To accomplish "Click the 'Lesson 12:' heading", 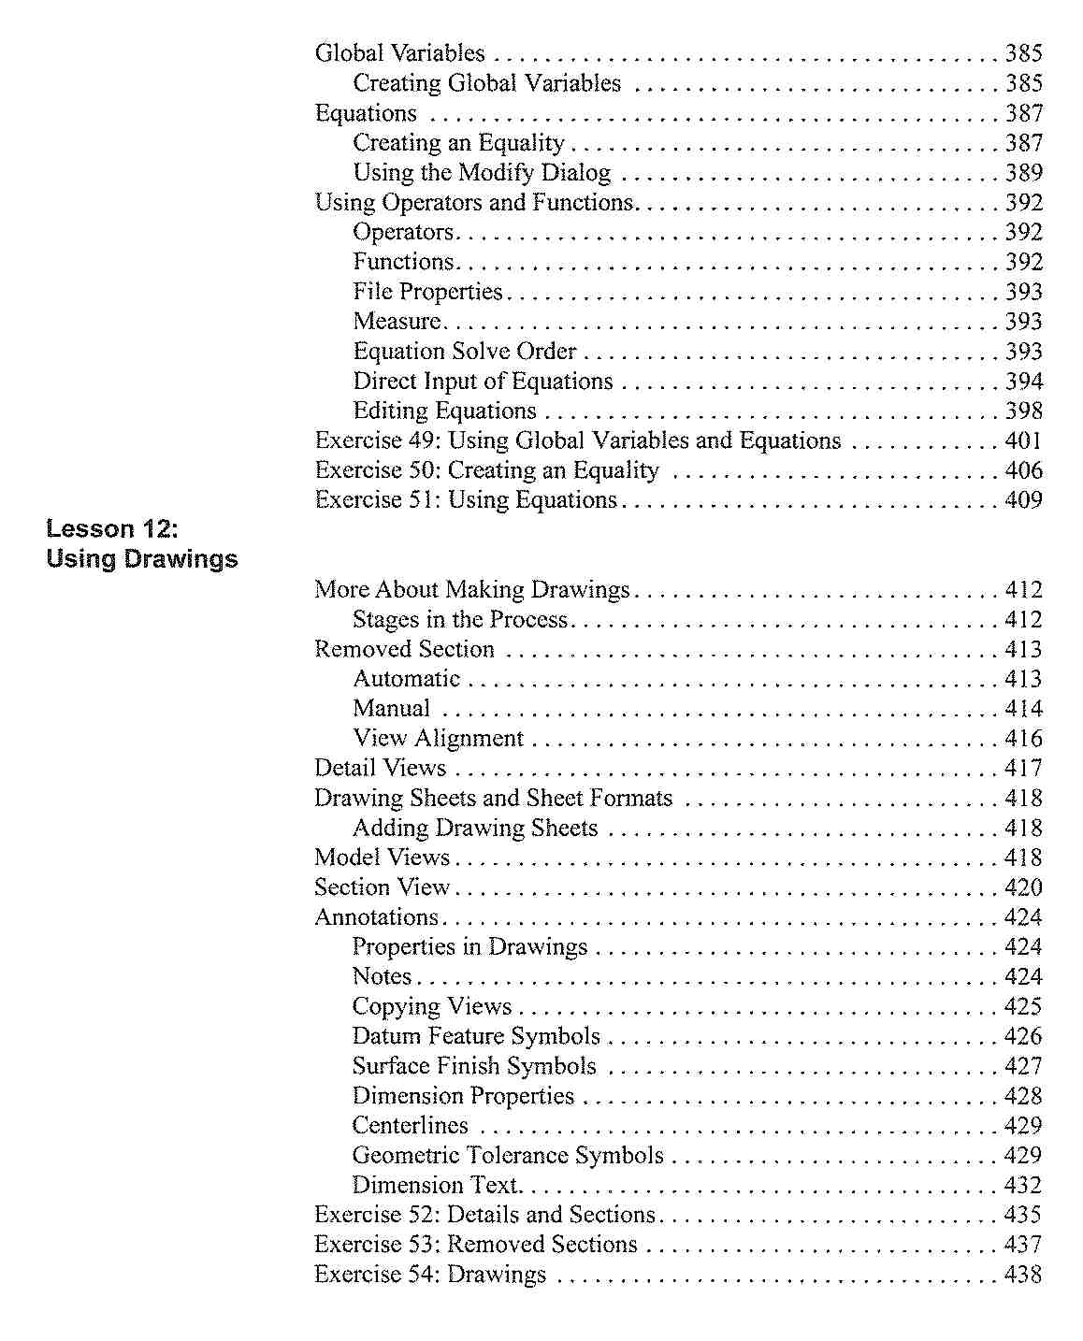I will coord(111,529).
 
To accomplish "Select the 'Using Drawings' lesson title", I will coord(142,559).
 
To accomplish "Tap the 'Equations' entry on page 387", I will coord(366,114).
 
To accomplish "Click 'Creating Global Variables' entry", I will coord(486,84).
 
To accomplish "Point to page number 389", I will coord(1023,173).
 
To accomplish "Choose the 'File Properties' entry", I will coord(427,293).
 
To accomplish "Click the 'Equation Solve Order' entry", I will coord(465,352).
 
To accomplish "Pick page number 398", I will coord(1023,411).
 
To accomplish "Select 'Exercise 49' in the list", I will coord(577,441).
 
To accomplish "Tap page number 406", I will coord(1023,471).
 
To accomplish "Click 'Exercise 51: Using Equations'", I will coord(466,501).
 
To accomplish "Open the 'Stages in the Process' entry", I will coord(460,620).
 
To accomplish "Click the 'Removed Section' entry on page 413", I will coord(404,650).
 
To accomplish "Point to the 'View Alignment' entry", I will coord(438,739).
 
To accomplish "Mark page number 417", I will coord(1023,769).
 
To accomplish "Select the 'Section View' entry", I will coord(382,887).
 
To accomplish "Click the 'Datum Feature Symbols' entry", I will coord(476,1036).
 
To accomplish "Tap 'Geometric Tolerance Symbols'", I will coord(508,1156).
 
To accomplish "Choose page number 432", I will coord(1022,1186).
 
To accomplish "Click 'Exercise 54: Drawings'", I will coord(430,1275).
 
